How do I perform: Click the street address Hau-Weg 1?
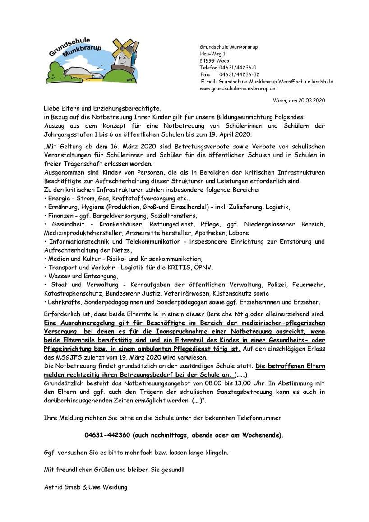tap(213, 54)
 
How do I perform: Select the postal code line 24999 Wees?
tap(214, 60)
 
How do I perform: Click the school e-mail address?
tap(276, 82)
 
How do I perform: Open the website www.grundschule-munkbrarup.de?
tap(237, 88)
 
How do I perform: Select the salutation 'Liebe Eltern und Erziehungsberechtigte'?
tap(102, 109)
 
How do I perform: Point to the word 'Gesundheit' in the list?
tap(68, 224)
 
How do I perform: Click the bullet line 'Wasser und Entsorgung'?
tap(82, 276)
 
